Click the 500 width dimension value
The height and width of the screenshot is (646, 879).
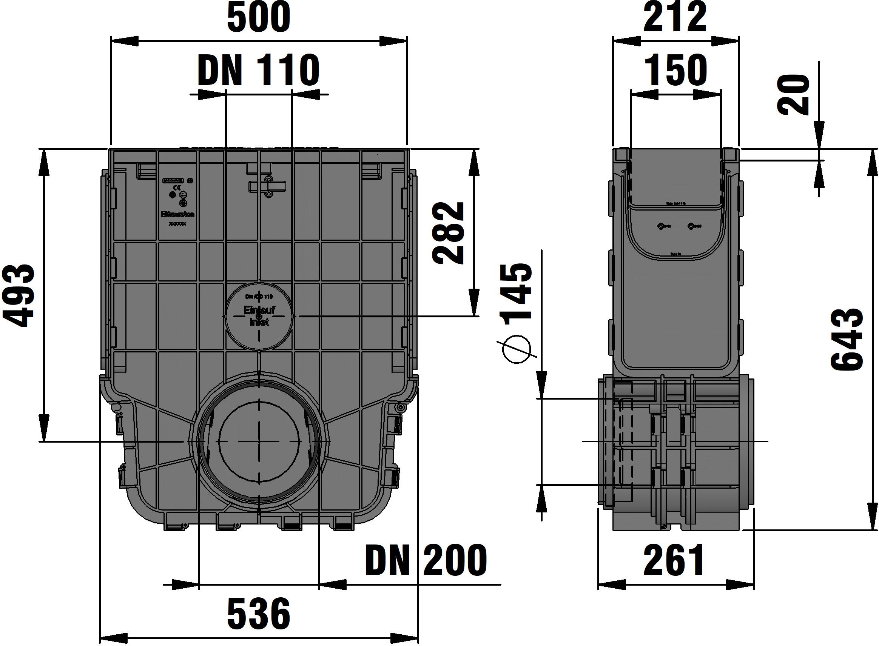(259, 18)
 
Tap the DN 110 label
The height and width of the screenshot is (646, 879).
(259, 71)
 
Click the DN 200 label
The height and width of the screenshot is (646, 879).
(426, 560)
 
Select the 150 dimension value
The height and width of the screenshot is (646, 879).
(675, 71)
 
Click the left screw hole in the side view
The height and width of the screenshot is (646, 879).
(661, 226)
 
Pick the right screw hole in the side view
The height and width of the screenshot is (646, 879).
(692, 226)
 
